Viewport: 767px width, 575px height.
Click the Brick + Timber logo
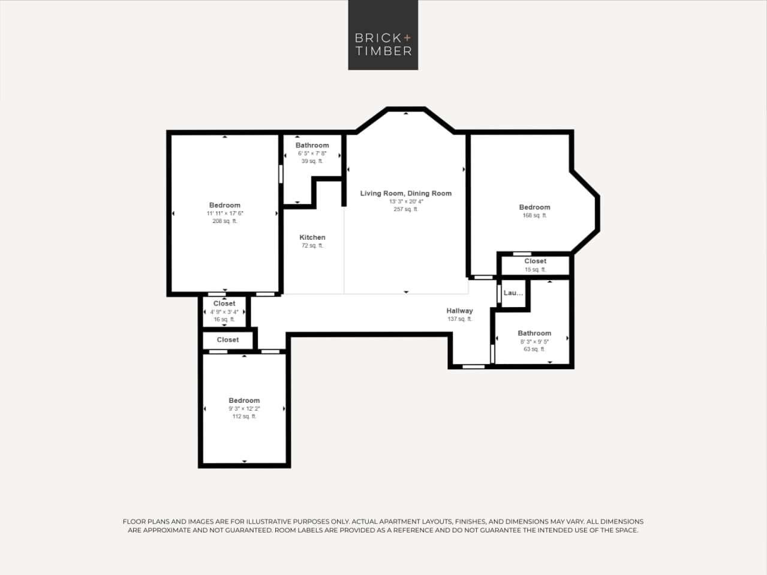point(383,35)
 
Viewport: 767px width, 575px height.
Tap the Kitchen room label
point(312,237)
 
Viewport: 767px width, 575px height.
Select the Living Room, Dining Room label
point(405,193)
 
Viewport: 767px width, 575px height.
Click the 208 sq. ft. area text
point(224,221)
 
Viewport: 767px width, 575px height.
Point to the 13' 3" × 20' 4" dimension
point(405,201)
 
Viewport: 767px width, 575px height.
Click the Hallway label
point(459,311)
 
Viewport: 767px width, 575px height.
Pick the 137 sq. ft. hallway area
point(459,319)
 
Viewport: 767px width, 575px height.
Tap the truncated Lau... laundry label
point(513,293)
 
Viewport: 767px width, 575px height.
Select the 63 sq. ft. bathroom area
point(534,349)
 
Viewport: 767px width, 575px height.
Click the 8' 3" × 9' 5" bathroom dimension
point(534,341)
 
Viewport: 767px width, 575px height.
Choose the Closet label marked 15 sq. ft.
point(535,261)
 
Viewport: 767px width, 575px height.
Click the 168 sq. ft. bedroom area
point(534,215)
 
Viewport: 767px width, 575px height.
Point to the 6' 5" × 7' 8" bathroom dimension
point(312,153)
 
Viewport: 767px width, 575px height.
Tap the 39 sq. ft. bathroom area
point(312,161)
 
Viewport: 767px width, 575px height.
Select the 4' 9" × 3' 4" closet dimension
point(224,312)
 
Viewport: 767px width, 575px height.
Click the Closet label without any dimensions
point(227,339)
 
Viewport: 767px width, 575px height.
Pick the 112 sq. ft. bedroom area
point(244,416)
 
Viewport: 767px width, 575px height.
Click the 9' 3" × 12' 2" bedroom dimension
point(244,408)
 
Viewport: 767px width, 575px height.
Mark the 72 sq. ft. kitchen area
point(312,246)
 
